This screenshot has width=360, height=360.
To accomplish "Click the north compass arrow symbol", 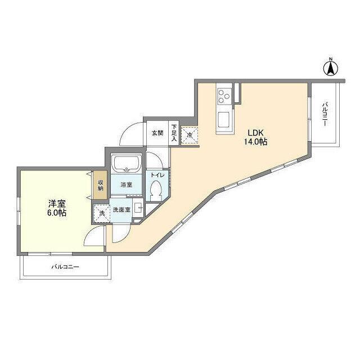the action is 331,67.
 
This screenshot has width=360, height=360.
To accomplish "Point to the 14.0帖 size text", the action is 255,142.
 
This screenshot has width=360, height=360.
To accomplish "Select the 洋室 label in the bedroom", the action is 57,204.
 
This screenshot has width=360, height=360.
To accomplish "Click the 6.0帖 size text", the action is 57,213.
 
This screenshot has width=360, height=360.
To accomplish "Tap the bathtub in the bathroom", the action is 126,164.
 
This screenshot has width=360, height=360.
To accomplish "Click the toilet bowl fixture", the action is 156,189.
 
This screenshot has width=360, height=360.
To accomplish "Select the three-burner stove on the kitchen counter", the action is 224,97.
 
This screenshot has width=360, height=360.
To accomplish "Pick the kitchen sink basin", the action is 224,119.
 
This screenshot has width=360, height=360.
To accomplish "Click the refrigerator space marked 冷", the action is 190,135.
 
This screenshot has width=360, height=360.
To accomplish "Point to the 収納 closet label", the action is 101,185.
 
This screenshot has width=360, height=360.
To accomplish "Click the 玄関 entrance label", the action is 157,133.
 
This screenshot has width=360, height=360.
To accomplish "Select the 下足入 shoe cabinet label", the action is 174,133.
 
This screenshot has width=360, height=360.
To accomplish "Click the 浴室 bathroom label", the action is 126,184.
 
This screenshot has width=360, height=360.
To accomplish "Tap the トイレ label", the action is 157,175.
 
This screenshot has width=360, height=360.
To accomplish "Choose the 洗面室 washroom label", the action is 121,209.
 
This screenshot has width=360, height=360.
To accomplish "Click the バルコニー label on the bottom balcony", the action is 65,267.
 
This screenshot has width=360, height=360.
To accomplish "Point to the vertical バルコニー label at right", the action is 325,114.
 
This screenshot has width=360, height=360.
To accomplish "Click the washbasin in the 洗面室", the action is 138,208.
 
